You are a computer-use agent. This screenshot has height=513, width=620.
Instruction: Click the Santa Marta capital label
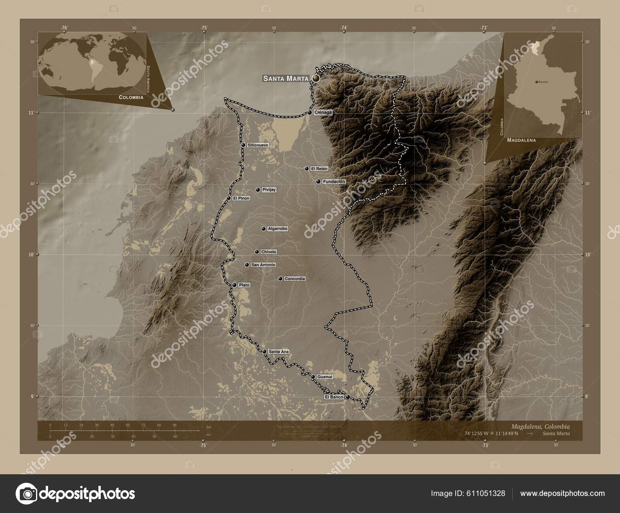286,79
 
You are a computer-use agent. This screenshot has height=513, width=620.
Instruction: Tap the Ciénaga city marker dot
310,112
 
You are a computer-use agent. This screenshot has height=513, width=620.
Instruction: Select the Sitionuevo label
258,145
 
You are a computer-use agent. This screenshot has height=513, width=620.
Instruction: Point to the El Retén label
319,169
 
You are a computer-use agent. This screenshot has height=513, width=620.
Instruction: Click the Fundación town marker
318,181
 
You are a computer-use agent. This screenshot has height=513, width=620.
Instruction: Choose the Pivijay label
269,190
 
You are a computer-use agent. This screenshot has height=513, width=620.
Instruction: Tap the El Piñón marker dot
229,198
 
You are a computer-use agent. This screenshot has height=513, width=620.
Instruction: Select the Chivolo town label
269,252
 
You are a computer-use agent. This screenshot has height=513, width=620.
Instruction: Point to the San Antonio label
263,265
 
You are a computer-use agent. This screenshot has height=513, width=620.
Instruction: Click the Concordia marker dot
280,279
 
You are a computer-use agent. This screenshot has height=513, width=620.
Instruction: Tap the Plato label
244,285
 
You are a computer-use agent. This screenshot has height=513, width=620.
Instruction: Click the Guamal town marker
313,377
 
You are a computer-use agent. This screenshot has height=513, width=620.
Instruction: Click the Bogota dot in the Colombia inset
536,82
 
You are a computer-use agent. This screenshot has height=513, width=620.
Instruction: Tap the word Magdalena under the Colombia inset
521,140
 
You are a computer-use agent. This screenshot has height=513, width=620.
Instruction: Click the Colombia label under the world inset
131,97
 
